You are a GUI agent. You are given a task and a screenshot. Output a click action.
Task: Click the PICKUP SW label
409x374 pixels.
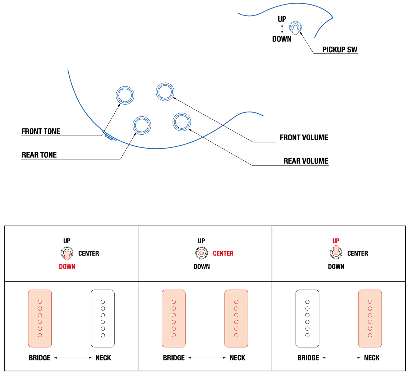(x=340, y=50)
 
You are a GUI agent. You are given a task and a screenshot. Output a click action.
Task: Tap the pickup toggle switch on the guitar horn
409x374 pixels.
(x=295, y=28)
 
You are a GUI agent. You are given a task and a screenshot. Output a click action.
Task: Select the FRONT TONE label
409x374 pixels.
(x=41, y=131)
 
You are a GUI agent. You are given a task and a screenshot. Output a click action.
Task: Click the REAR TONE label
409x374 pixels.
(x=39, y=155)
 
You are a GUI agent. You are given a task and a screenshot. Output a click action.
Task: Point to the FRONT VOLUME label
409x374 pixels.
(x=304, y=138)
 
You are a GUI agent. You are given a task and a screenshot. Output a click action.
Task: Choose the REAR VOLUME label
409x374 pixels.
(x=306, y=161)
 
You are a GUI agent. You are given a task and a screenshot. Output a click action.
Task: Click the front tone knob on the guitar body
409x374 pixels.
(x=125, y=95)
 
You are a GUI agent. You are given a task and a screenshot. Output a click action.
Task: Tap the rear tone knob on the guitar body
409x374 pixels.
(x=142, y=125)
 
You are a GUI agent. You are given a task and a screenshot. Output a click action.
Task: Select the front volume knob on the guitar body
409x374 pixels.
(x=165, y=92)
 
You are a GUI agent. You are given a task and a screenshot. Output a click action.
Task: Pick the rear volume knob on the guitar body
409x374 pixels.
(x=182, y=122)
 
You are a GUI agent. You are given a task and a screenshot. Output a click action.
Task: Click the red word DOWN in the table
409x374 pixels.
(x=67, y=267)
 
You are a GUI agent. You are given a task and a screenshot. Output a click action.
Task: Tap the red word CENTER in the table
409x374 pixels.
(x=223, y=253)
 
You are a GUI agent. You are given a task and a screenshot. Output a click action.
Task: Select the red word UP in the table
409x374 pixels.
(x=336, y=241)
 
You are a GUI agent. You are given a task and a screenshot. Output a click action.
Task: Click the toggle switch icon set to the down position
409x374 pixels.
(x=67, y=253)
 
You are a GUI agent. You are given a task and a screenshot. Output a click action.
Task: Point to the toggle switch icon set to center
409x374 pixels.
(x=202, y=253)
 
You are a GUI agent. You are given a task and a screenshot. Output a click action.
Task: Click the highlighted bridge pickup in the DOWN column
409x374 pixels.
(x=40, y=319)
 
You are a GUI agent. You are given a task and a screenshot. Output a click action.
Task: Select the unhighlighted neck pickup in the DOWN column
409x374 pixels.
(x=103, y=319)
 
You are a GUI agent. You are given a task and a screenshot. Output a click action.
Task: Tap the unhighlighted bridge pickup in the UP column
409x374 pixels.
(x=307, y=319)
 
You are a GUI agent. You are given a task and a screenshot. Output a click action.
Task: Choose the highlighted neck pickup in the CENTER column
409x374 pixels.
(x=236, y=319)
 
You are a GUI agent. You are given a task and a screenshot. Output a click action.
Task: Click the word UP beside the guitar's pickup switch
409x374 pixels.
(x=282, y=19)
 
